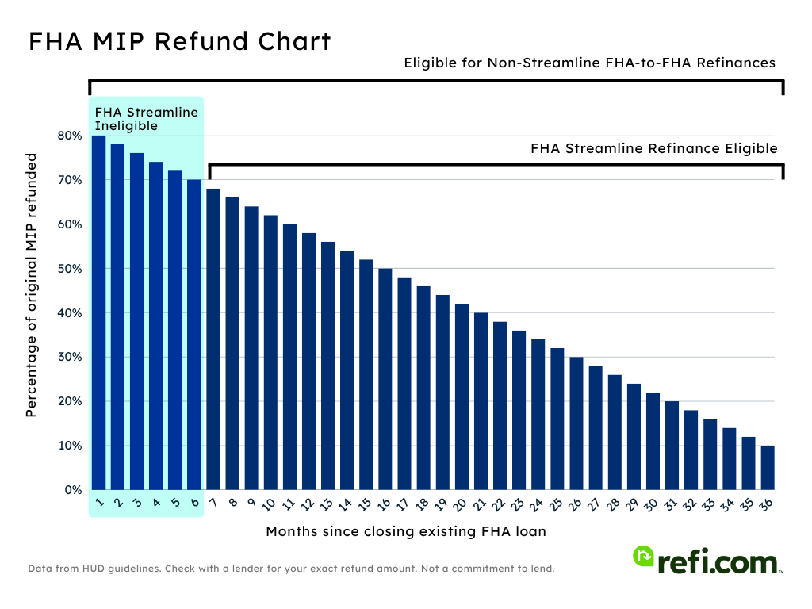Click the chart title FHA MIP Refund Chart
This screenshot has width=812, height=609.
(x=179, y=42)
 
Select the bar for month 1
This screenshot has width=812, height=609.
(x=98, y=312)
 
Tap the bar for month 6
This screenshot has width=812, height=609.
(x=194, y=335)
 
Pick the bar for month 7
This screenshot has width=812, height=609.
(x=213, y=339)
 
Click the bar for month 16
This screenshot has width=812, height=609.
(x=385, y=379)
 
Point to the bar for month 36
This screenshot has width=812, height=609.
(x=768, y=468)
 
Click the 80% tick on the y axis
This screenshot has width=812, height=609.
(x=70, y=136)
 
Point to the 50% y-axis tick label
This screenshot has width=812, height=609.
(x=70, y=269)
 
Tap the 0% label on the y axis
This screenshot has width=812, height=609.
(x=73, y=490)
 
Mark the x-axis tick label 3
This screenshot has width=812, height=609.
(x=137, y=503)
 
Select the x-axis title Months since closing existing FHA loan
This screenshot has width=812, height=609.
(x=406, y=531)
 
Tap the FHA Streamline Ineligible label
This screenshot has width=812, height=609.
(x=146, y=119)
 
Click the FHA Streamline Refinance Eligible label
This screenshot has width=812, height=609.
(x=653, y=148)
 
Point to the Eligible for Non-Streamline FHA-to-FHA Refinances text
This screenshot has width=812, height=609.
(x=589, y=63)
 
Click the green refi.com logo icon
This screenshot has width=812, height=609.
(x=643, y=557)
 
